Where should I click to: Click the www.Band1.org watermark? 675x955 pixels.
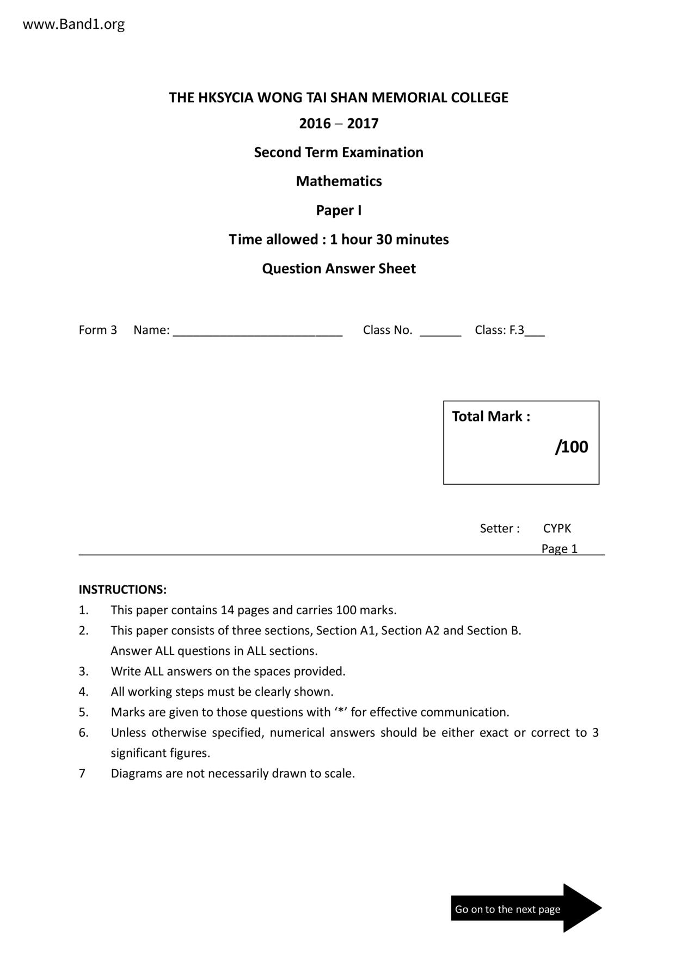coord(73,25)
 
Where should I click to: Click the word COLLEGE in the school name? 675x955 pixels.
coord(480,98)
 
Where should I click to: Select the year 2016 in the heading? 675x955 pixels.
coord(315,124)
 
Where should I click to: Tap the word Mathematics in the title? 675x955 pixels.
coord(339,181)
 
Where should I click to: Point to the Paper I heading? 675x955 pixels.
coord(339,211)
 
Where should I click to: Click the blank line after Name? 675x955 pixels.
coord(257,332)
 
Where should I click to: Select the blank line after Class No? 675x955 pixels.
coord(440,332)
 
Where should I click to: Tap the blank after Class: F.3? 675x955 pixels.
coord(535,332)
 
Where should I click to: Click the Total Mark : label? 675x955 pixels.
coord(490,417)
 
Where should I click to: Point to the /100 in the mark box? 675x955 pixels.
coord(572,447)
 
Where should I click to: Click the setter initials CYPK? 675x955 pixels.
coord(557,529)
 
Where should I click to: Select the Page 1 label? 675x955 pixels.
coord(559,549)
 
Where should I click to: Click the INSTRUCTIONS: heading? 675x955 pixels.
coord(122,590)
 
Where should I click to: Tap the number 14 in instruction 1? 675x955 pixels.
coord(227,610)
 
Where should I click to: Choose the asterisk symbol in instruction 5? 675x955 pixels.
coord(341,711)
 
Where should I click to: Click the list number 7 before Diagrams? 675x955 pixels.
coord(82,774)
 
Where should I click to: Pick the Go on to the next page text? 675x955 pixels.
coord(507,909)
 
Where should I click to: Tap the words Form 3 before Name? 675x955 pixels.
coord(98,330)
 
